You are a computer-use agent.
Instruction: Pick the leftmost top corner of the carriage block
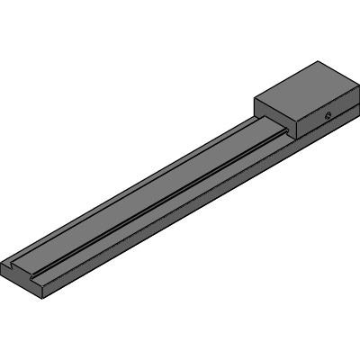255,97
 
